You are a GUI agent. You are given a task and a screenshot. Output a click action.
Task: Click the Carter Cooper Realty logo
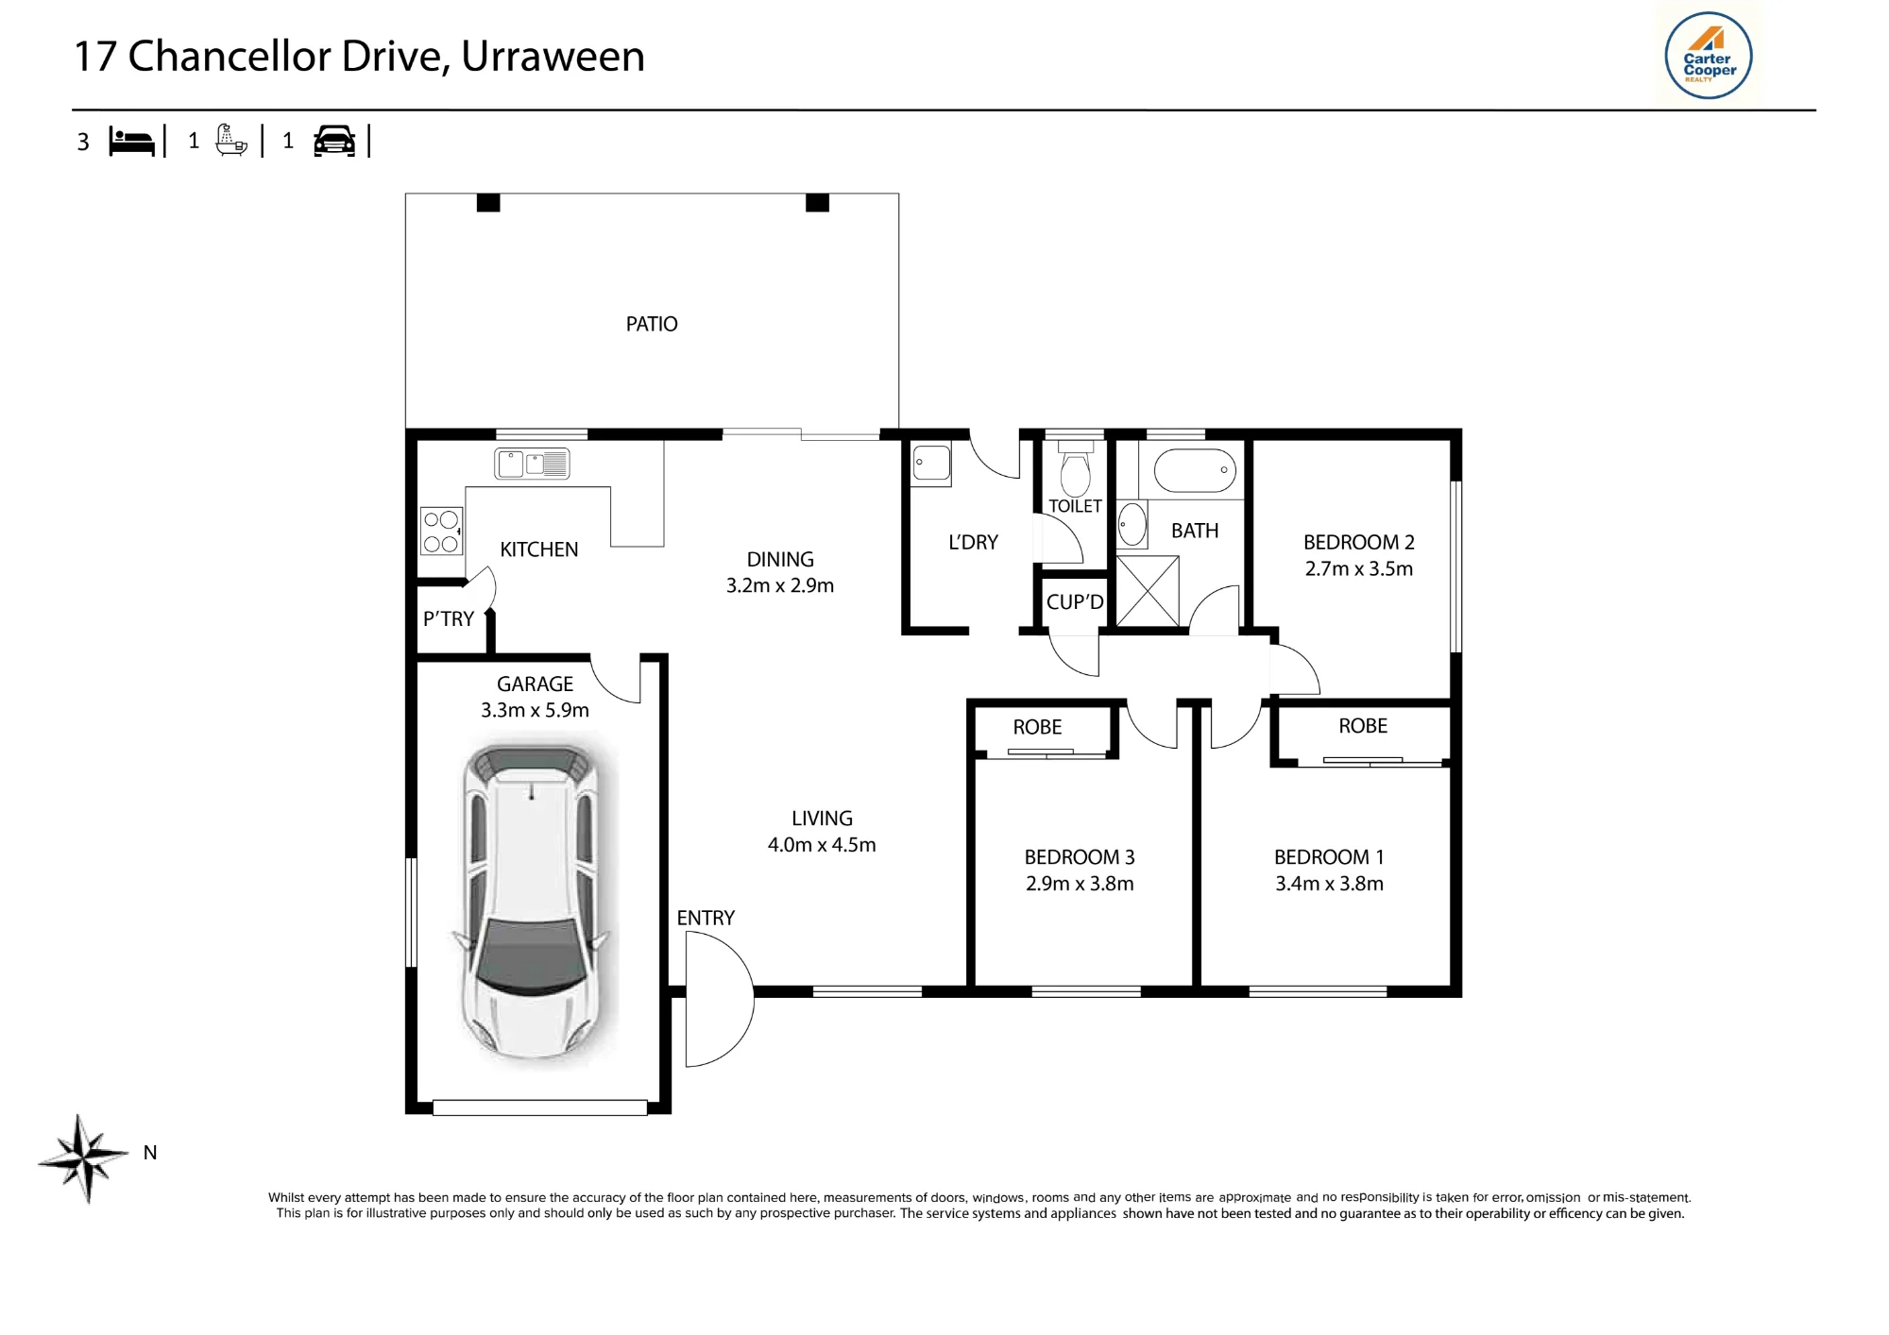click(1708, 56)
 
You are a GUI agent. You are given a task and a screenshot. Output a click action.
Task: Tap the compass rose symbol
click(84, 1158)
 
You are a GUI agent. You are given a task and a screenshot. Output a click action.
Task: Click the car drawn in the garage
click(532, 901)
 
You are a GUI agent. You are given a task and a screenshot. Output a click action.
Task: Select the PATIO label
click(652, 324)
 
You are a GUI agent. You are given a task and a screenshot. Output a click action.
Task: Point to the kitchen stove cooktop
click(441, 531)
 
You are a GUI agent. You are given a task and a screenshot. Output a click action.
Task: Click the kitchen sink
click(532, 464)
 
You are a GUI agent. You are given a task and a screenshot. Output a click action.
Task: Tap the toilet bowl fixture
click(1075, 469)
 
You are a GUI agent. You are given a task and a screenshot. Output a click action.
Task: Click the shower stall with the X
click(1148, 591)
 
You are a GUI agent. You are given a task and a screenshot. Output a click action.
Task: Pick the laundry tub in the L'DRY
click(931, 465)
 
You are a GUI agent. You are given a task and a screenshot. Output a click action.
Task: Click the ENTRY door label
click(706, 918)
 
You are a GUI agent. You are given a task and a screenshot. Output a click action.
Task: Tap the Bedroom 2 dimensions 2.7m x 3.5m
click(1359, 568)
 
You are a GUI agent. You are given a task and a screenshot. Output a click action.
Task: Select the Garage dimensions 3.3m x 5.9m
click(535, 710)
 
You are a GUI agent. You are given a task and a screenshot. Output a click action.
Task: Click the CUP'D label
click(1075, 601)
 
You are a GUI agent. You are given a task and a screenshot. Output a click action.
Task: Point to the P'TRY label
click(448, 618)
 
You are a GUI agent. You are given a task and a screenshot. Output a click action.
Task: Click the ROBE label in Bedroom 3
click(1037, 727)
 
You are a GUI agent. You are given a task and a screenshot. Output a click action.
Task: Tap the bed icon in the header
click(131, 141)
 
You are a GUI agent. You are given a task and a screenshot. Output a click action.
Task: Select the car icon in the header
click(334, 141)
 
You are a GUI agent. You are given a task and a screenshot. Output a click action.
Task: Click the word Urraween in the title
click(553, 56)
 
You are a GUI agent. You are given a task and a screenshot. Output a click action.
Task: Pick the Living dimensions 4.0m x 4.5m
click(822, 845)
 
